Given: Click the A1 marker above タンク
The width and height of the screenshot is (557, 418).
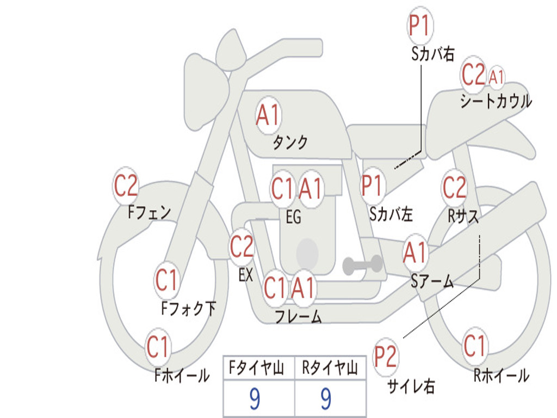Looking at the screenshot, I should pos(268,115).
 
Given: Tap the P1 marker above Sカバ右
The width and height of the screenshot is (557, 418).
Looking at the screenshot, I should pos(420,26).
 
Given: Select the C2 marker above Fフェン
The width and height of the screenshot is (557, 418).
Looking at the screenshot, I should pos(126,186).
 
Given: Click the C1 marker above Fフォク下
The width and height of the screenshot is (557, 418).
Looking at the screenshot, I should pos(166,280).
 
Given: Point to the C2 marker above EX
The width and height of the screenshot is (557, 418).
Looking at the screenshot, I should pos(242,247).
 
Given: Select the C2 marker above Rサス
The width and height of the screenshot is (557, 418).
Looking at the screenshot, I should pos(454,187).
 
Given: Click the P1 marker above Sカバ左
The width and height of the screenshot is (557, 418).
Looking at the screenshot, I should pos(373,186).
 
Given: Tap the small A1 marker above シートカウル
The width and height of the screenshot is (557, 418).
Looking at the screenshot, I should pos(496,77).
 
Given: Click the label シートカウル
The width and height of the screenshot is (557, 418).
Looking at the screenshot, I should pos(496,102).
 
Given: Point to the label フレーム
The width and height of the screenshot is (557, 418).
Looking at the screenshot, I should pos(298,316).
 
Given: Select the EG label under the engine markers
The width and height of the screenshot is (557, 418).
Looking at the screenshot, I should pos(293,217).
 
